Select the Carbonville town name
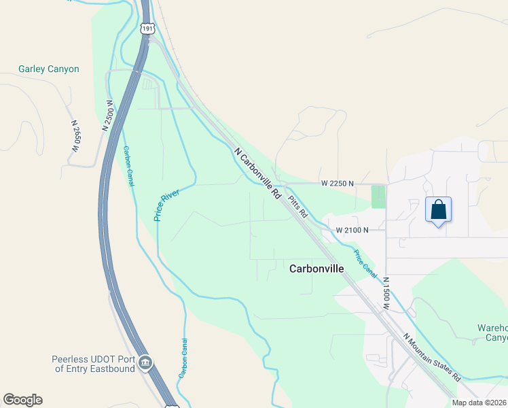coord(316,269)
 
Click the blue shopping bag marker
coord(438,210)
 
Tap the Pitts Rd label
coord(297,206)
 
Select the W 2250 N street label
coord(338,184)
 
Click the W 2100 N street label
coord(352,230)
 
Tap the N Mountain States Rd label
coord(432,356)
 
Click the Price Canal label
coord(364,262)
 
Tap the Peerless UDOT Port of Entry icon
coord(145,364)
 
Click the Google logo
coord(22,400)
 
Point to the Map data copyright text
coord(479,403)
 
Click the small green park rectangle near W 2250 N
coord(378,197)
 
